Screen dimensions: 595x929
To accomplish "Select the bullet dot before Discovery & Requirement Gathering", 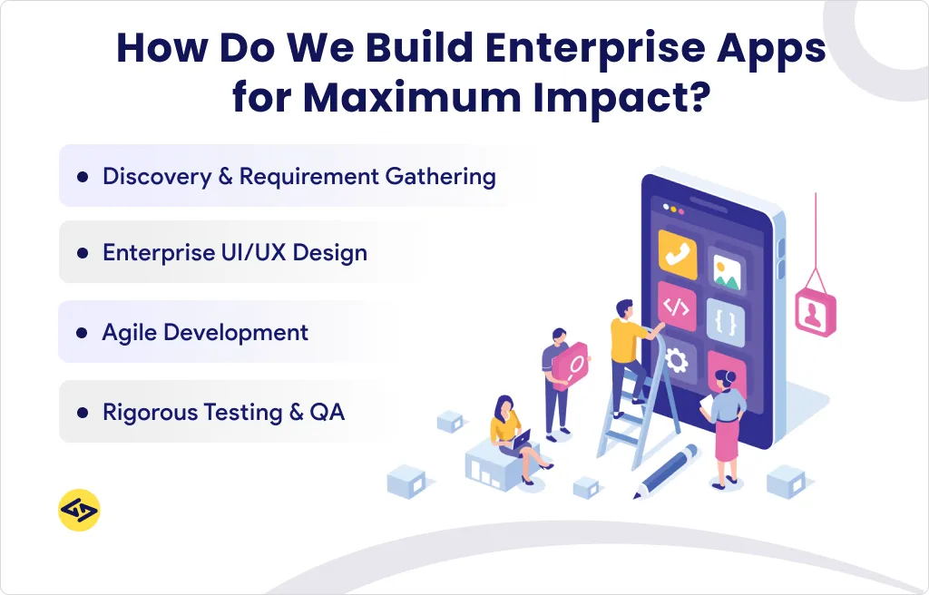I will point(83,177).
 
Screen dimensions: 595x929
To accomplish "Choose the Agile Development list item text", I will point(205,333).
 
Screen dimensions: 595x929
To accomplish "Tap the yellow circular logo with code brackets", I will point(79,511).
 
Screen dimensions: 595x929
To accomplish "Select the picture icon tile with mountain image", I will point(726,268).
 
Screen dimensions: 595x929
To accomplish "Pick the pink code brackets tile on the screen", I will point(676,307).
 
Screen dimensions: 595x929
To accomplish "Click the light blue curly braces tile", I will point(725,320).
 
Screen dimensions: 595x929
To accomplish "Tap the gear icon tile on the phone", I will point(677,360).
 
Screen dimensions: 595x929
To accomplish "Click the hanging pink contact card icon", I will point(815,313).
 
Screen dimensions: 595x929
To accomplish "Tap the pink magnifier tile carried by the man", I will point(572,366).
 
